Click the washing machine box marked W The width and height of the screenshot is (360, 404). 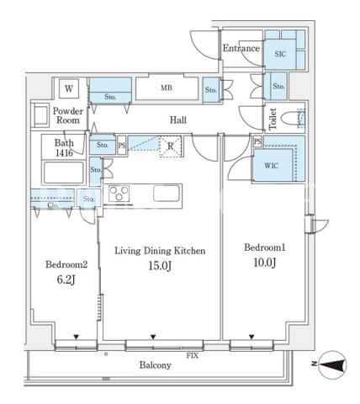[x=69, y=88]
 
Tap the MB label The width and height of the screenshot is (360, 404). [x=167, y=88]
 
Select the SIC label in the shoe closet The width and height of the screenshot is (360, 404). [x=280, y=54]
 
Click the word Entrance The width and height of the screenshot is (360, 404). [x=241, y=48]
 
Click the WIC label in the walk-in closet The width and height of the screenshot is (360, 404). [x=271, y=166]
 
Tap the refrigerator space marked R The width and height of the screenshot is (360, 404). [x=171, y=146]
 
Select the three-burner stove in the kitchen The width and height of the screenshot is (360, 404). [x=119, y=194]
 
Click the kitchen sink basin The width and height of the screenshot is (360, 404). [x=167, y=194]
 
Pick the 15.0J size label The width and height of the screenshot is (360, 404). [x=160, y=266]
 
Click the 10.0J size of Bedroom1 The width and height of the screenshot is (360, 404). [x=265, y=263]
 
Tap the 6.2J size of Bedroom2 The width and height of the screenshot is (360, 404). [x=66, y=279]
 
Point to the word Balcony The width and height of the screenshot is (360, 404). [x=156, y=365]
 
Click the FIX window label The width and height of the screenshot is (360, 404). [x=193, y=356]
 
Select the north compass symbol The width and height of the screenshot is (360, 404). [x=333, y=365]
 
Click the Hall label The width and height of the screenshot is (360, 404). [x=178, y=120]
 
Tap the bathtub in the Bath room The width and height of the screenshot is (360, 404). [x=64, y=173]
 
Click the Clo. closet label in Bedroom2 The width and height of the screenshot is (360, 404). [x=53, y=205]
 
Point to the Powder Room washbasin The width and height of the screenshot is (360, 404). [x=40, y=116]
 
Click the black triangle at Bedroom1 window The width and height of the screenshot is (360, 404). [x=251, y=337]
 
